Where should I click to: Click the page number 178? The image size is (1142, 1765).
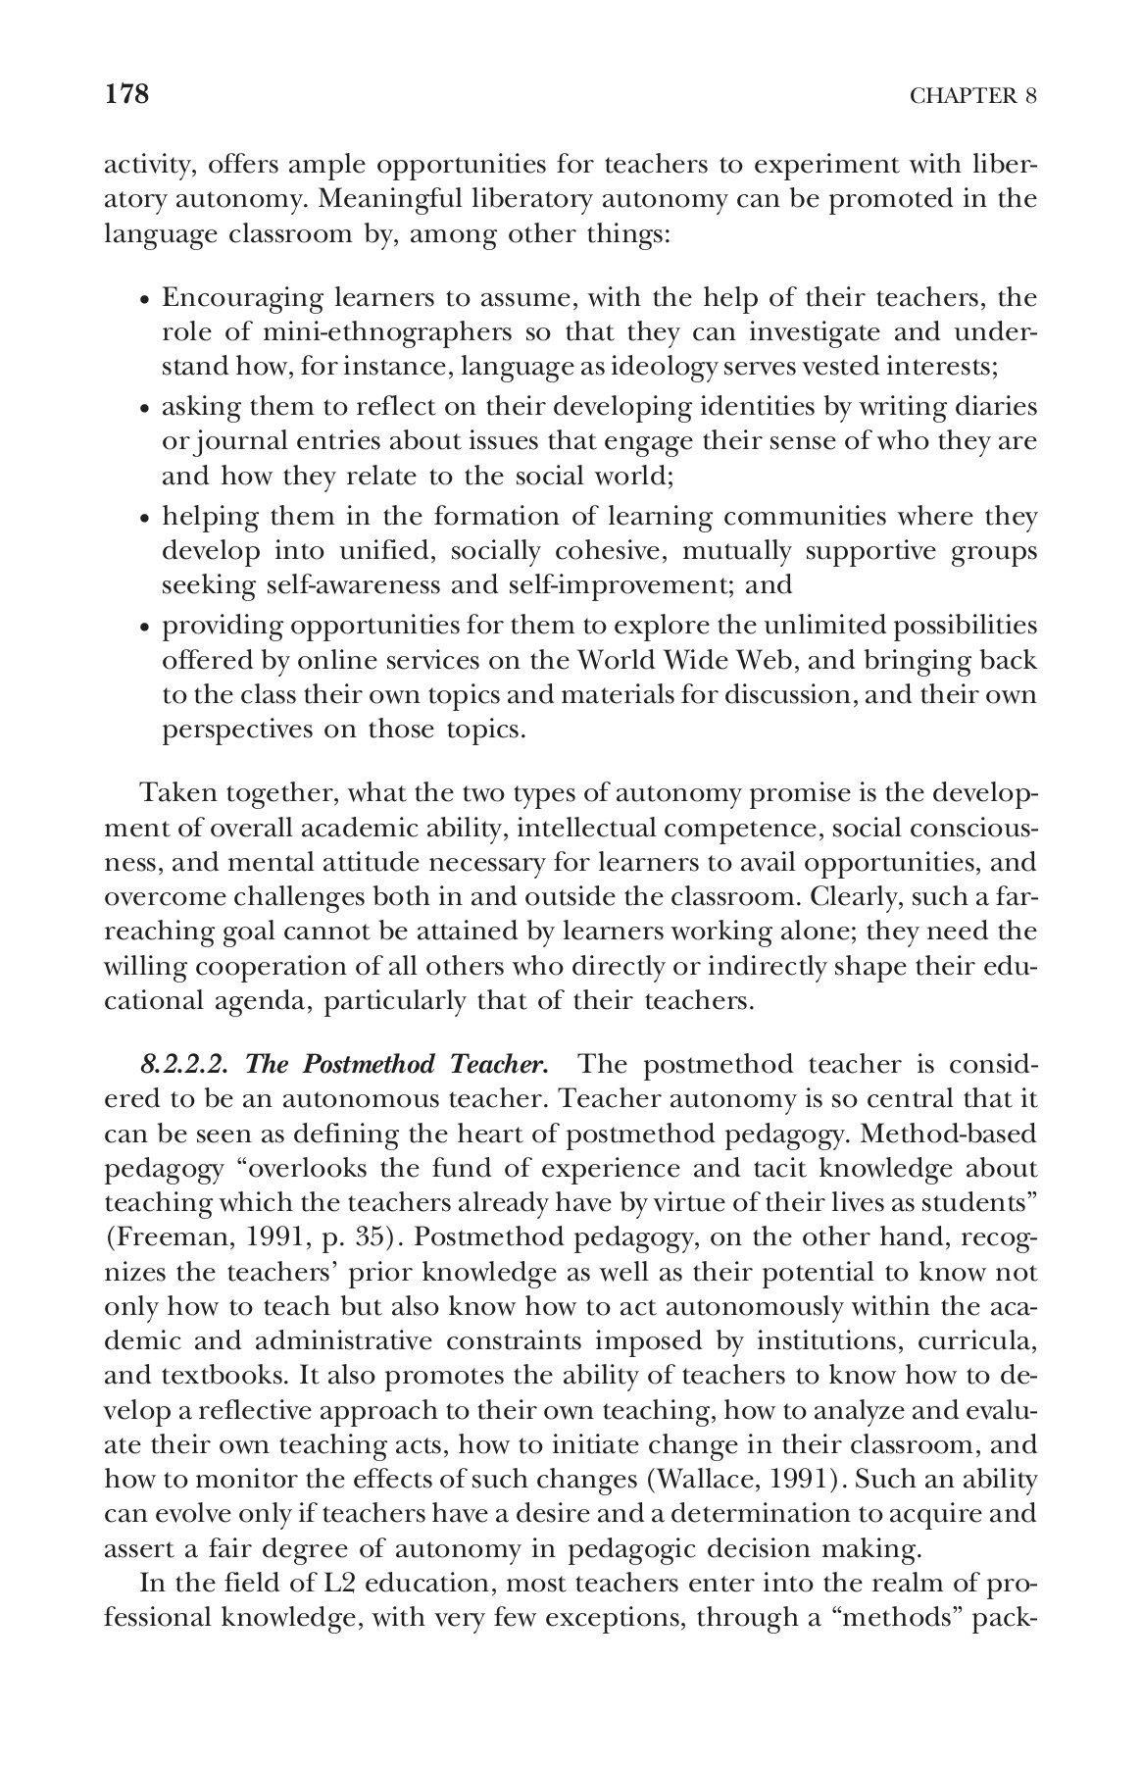125,94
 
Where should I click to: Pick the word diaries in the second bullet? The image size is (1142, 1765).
991,406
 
